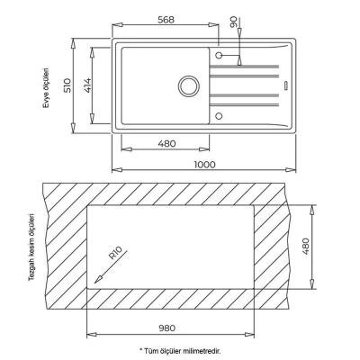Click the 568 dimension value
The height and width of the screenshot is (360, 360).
click(x=166, y=20)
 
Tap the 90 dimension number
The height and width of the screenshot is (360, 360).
click(x=234, y=22)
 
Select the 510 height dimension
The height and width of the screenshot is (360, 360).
click(x=68, y=85)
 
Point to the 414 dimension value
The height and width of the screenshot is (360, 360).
click(x=86, y=85)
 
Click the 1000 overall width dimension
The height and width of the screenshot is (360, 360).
click(x=204, y=165)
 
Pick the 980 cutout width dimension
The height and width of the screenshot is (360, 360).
click(x=166, y=328)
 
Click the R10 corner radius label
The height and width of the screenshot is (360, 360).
click(x=114, y=253)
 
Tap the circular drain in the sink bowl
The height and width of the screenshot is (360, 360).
click(x=188, y=86)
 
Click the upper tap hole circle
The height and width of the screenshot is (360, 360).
click(x=219, y=55)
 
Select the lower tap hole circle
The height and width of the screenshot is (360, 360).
click(x=219, y=116)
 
